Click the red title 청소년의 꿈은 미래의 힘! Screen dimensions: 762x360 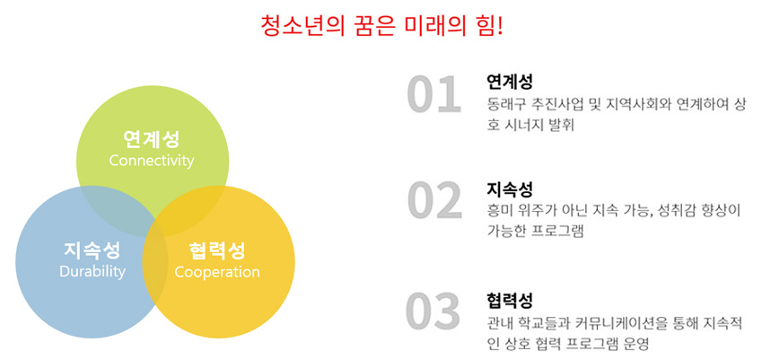381,25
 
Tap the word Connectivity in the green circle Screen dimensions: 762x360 152,161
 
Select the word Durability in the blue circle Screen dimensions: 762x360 92,272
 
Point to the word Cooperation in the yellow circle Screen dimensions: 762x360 217,272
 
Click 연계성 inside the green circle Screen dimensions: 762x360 152,139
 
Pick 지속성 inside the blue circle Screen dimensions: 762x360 92,250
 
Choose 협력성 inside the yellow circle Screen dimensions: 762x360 217,250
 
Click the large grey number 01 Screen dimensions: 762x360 434,95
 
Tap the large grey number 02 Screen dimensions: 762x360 434,199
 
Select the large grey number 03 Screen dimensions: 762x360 434,310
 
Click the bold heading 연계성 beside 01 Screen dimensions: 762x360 509,82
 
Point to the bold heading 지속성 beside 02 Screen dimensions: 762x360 509,189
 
